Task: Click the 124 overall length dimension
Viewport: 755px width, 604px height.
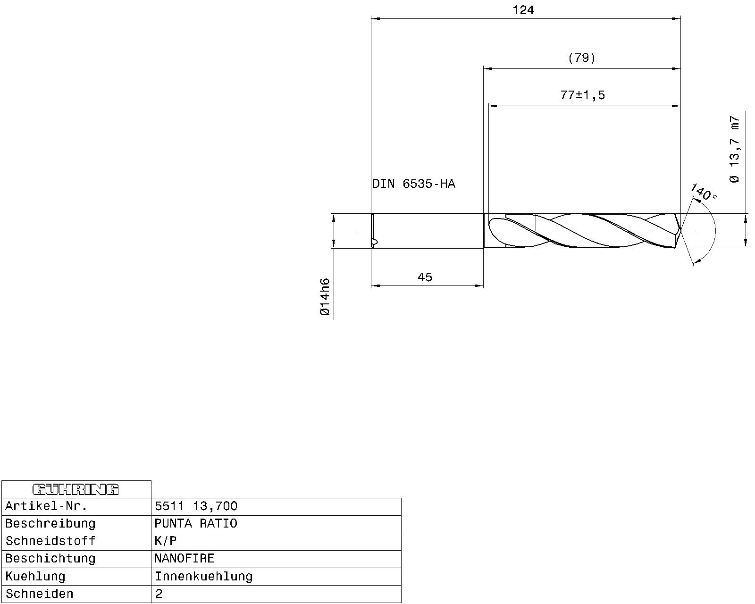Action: coord(523,10)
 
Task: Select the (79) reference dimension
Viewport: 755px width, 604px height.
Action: coord(581,58)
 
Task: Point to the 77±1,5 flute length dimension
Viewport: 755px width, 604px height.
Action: coord(582,95)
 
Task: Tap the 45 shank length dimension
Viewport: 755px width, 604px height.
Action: coord(425,277)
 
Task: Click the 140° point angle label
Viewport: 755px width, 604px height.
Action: coord(704,192)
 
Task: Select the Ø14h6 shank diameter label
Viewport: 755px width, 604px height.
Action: coord(325,297)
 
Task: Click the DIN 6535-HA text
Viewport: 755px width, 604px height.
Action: coord(414,184)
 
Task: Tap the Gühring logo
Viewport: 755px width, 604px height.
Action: coord(75,489)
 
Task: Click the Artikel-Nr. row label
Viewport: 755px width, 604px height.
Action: coord(46,507)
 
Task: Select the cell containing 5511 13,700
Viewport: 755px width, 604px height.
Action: coord(196,507)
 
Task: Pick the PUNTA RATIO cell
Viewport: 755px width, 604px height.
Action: coord(196,524)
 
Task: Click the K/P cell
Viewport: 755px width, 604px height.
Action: coord(166,541)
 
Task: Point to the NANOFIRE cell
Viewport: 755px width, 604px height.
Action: coord(185,559)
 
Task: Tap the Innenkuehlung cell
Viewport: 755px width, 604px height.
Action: coord(204,577)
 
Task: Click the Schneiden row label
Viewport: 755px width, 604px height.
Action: coord(40,594)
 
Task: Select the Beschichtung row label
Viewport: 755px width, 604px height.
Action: coord(50,559)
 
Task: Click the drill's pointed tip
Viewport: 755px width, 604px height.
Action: coord(680,231)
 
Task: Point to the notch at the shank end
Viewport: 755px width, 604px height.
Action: coord(375,243)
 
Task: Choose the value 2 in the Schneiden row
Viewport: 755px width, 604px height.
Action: coord(159,594)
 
